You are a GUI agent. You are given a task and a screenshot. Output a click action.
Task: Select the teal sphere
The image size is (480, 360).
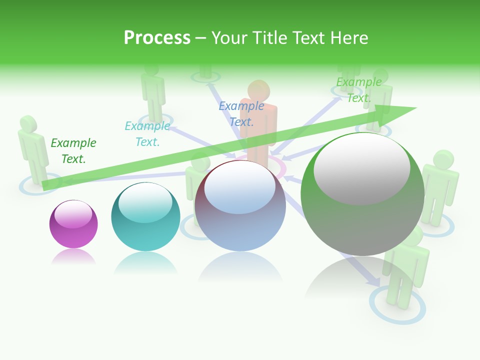point(145,217)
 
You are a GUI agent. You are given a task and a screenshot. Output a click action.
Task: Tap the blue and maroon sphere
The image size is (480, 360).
point(240,206)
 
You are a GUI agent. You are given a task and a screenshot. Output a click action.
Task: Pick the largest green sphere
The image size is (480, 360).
point(362,194)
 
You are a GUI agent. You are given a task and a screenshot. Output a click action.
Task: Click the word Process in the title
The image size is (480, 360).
point(157,37)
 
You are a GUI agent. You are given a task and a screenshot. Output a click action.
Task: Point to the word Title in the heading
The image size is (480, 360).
point(271,37)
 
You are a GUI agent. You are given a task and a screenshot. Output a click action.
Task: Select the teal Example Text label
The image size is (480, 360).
point(147,134)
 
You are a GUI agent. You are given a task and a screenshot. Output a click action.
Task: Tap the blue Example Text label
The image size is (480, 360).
point(241,113)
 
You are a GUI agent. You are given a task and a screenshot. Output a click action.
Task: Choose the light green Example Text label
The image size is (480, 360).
point(359,90)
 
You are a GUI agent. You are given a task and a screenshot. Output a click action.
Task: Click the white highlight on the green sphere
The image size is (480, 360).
point(361,167)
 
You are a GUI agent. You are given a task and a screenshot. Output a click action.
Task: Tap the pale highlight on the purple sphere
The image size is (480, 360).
point(73,214)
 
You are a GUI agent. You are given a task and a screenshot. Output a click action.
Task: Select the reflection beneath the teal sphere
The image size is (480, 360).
point(145,263)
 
